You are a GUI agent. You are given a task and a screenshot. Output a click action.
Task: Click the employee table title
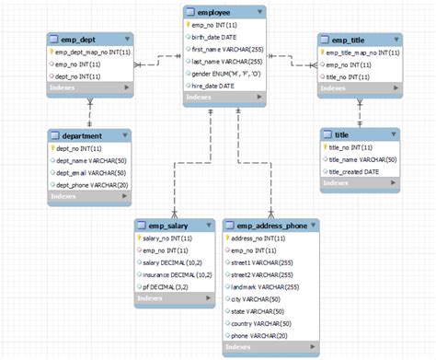tap(213, 13)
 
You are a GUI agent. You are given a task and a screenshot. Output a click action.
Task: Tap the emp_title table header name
tap(349, 41)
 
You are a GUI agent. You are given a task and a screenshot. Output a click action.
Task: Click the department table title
tap(79, 135)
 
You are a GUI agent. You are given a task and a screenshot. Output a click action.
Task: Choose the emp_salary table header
tap(162, 225)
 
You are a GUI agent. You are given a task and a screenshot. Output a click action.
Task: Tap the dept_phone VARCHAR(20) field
tap(89, 184)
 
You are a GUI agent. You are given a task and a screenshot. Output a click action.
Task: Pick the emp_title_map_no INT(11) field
tap(363, 53)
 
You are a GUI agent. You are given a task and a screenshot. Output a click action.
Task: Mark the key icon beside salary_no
tap(139, 238)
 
